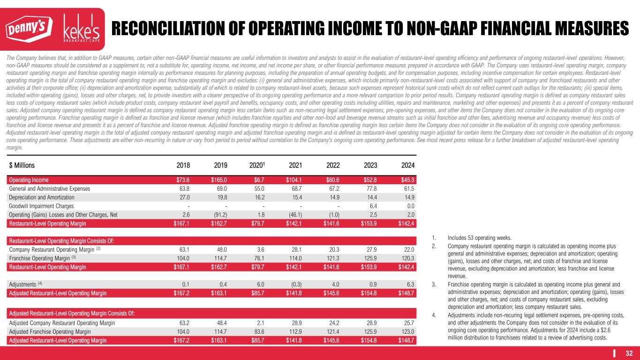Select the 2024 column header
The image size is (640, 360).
pyautogui.click(x=407, y=165)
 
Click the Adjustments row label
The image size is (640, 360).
pyautogui.click(x=24, y=284)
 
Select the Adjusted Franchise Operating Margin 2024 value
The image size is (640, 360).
pyautogui.click(x=407, y=331)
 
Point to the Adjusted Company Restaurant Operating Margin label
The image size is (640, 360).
pyautogui.click(x=60, y=323)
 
